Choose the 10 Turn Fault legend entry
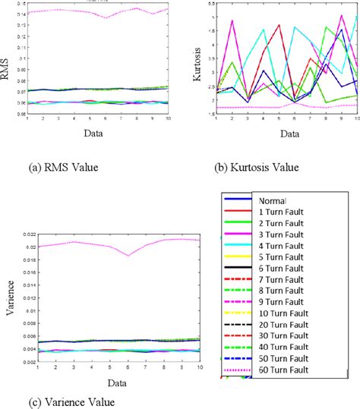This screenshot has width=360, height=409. [x=280, y=315]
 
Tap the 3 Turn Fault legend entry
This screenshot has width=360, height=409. [x=278, y=236]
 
